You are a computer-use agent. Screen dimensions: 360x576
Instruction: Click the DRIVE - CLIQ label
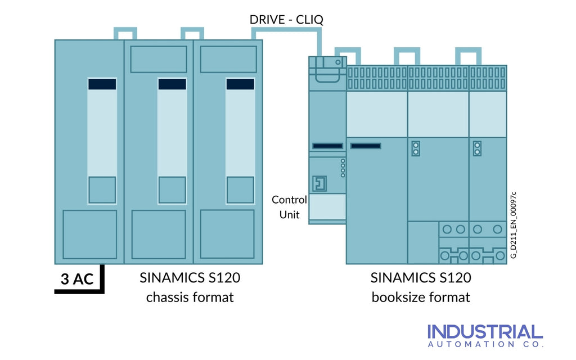pyautogui.click(x=286, y=20)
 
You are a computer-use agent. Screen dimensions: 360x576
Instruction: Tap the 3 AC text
pyautogui.click(x=77, y=279)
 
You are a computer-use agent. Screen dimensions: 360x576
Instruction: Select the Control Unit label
pyautogui.click(x=290, y=207)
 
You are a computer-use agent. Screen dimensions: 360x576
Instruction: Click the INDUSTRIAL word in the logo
pyautogui.click(x=485, y=331)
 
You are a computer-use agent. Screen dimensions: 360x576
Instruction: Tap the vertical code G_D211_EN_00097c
pyautogui.click(x=513, y=225)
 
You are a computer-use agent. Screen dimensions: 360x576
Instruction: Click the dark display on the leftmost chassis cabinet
pyautogui.click(x=102, y=84)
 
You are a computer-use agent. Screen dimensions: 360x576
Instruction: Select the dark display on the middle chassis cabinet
pyautogui.click(x=172, y=84)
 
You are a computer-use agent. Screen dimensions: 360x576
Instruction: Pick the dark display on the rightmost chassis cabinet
pyautogui.click(x=240, y=84)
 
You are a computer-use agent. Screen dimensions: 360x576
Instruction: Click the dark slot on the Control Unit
pyautogui.click(x=328, y=146)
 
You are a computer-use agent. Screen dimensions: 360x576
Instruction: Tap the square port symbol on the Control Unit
pyautogui.click(x=319, y=183)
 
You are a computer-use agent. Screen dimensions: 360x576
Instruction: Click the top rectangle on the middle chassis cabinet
pyautogui.click(x=159, y=59)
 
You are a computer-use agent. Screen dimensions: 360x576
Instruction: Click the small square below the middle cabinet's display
pyautogui.click(x=172, y=190)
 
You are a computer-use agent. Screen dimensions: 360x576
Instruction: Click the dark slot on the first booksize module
pyautogui.click(x=365, y=146)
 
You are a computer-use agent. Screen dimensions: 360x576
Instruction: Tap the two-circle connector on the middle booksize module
pyautogui.click(x=416, y=148)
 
